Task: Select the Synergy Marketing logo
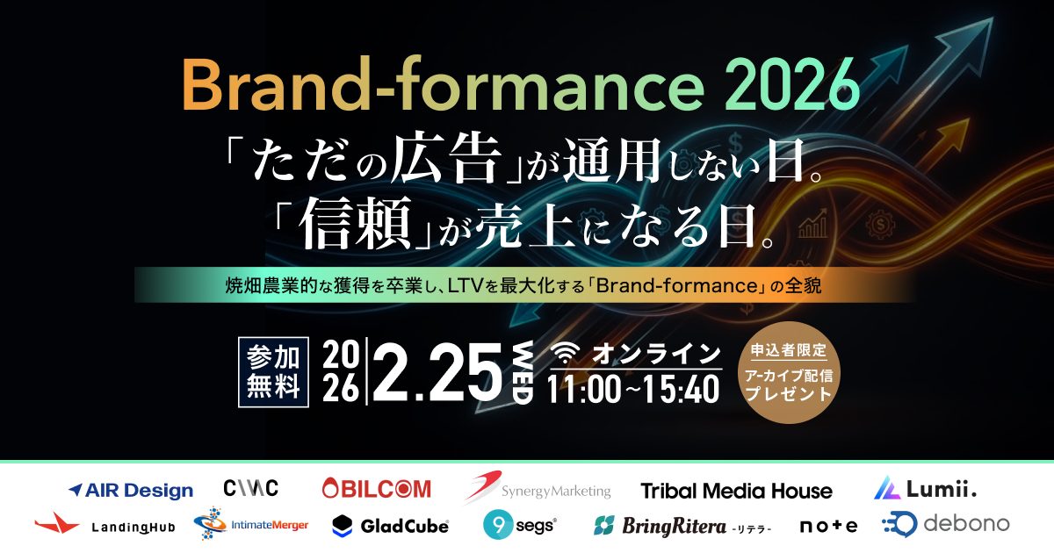(538, 488)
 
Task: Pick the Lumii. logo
(925, 488)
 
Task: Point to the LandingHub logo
(105, 526)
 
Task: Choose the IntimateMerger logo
(250, 525)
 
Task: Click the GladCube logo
(391, 526)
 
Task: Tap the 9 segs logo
(519, 525)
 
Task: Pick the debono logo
(945, 524)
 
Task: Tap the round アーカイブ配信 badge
(788, 380)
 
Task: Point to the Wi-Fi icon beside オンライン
(567, 354)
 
